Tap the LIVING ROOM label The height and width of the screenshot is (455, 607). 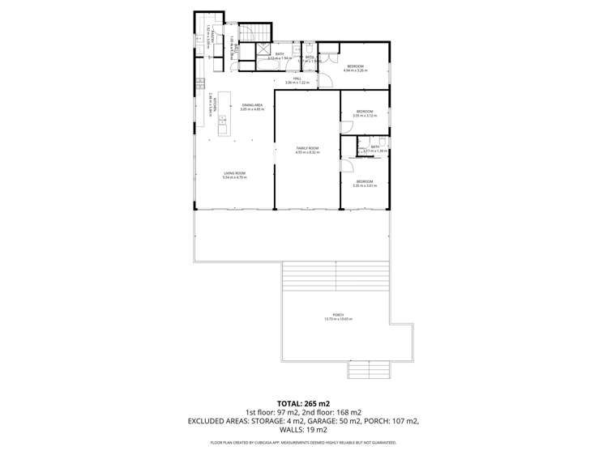(235, 174)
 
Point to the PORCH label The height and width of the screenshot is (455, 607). (338, 316)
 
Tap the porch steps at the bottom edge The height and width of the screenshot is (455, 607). (369, 370)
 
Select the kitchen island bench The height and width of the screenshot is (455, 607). (222, 122)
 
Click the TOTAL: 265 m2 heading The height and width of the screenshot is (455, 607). (302, 402)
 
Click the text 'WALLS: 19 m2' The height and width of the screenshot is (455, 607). (302, 431)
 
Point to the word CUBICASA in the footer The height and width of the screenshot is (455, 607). (284, 443)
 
